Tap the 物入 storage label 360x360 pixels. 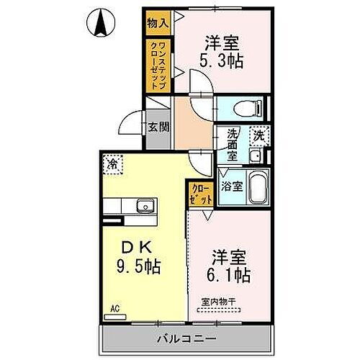coord(158,24)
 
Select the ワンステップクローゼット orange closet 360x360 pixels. coord(158,65)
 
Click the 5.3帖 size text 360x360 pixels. coord(221,61)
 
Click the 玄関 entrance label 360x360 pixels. coord(158,128)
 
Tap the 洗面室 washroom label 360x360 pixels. coord(233,145)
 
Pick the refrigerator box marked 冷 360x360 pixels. coord(112,164)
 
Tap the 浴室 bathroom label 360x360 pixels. coord(231,185)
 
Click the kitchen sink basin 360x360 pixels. coord(147,207)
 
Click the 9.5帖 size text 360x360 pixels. coord(136,267)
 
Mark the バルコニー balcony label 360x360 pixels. coord(184,337)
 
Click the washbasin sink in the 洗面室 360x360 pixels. coord(254,156)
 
